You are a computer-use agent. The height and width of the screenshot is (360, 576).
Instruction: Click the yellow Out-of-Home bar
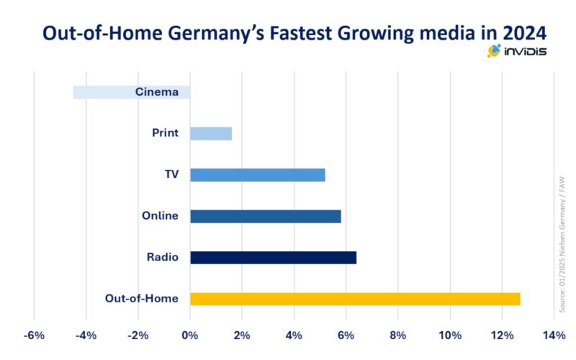tap(355, 299)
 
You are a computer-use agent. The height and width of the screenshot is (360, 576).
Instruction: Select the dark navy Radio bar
tap(273, 257)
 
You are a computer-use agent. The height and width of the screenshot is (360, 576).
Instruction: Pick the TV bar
tap(257, 174)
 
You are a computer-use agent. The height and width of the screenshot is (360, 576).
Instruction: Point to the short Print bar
tap(211, 133)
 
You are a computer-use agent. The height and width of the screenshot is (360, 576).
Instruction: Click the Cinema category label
tap(157, 92)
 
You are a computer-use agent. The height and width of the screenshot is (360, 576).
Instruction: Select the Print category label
tap(165, 133)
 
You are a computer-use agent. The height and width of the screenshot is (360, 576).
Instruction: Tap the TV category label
tap(171, 174)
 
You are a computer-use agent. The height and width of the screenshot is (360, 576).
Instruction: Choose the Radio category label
tap(163, 257)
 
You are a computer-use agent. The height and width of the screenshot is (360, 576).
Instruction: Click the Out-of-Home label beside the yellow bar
tap(141, 299)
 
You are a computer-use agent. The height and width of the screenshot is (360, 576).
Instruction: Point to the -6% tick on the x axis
tap(34, 336)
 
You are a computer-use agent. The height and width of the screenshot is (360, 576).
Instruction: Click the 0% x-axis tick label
tap(190, 336)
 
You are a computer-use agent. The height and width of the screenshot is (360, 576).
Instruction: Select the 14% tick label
tap(554, 336)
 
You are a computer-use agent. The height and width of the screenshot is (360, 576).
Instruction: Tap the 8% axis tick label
tap(397, 336)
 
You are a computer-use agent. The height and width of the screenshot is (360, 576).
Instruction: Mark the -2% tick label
tap(138, 336)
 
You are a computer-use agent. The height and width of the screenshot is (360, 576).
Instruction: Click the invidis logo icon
tap(494, 51)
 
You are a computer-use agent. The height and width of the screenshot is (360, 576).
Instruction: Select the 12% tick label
tap(502, 336)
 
